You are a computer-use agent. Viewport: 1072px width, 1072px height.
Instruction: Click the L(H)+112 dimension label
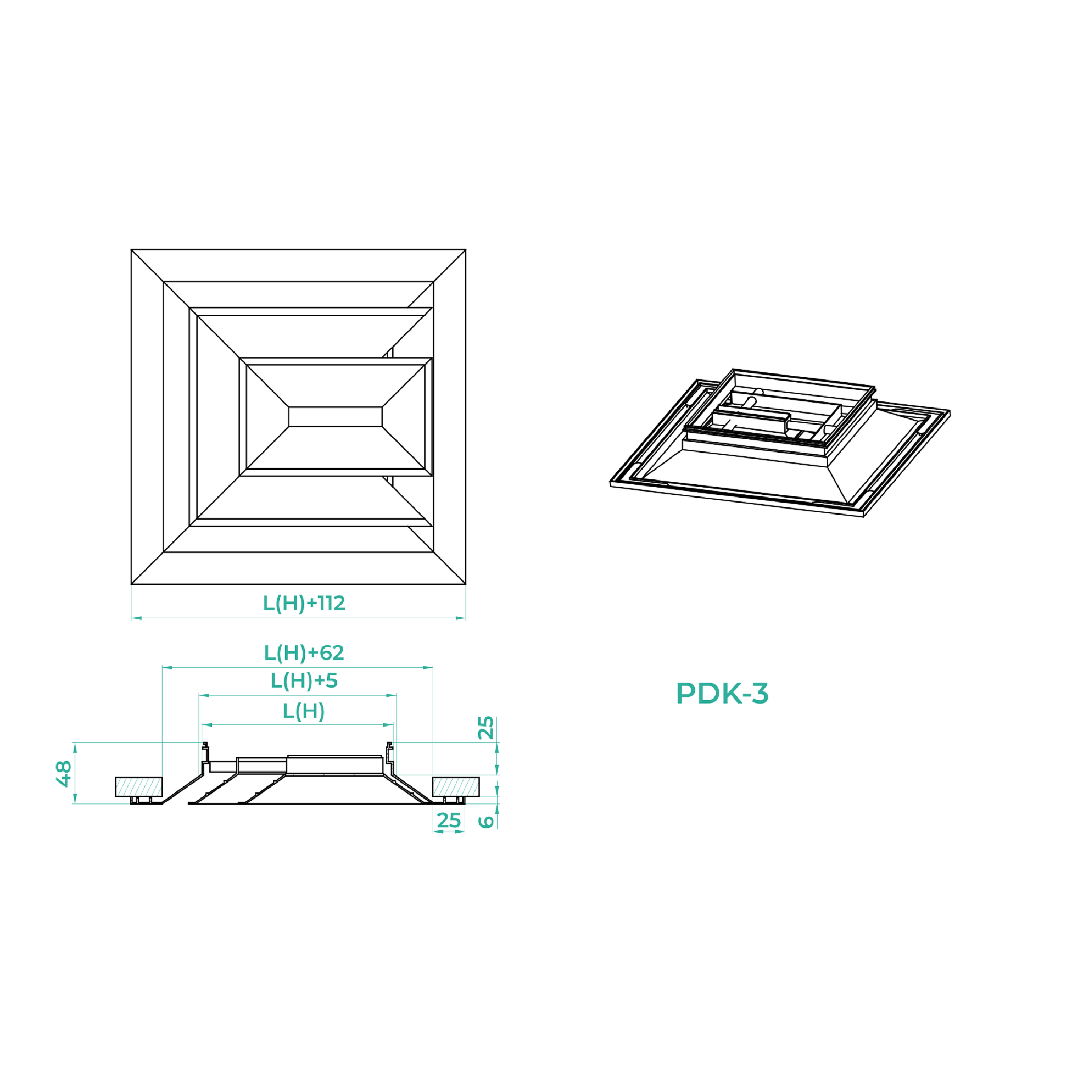point(304,603)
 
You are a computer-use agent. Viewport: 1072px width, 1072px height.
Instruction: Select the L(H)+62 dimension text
point(304,653)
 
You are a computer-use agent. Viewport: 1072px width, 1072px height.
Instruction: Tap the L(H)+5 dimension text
point(304,681)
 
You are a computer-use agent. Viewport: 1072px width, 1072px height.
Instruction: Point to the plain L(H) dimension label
point(304,711)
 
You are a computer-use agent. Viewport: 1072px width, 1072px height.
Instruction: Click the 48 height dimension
point(64,773)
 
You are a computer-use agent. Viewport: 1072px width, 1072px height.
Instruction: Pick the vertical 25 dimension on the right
point(485,728)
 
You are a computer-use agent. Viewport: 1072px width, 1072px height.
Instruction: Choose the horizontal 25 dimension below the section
point(448,820)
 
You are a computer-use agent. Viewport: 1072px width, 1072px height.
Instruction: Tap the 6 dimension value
point(486,822)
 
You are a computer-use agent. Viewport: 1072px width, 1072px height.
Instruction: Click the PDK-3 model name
point(722,694)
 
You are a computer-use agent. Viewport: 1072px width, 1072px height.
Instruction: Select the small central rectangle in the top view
point(335,417)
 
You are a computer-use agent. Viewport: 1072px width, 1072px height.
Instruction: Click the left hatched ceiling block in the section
point(139,786)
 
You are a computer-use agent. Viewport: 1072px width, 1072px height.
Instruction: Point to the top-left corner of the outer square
point(131,250)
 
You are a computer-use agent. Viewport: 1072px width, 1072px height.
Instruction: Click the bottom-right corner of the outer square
point(466,584)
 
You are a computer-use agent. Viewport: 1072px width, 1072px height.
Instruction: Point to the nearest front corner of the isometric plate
point(863,516)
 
